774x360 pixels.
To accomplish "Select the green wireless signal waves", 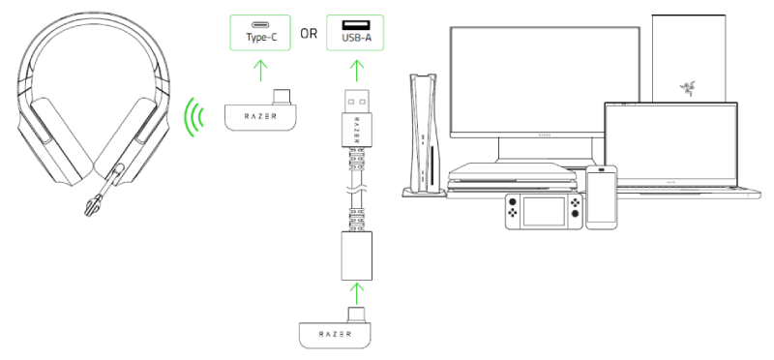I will point(196,117).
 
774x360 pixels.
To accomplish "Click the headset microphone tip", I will point(91,207).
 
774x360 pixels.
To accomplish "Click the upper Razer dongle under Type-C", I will point(259,116).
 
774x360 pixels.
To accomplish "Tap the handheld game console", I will point(542,212).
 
